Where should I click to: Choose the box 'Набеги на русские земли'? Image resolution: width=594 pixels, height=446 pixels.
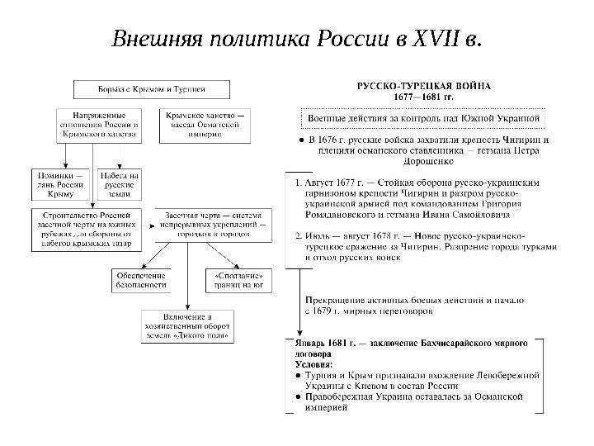coord(120,185)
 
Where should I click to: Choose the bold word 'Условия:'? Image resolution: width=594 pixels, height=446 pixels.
coord(314,363)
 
